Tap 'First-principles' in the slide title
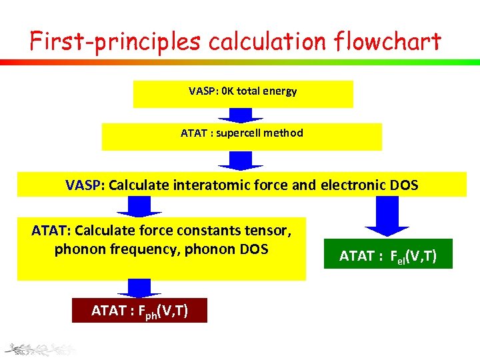[115, 41]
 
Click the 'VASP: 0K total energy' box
[243, 93]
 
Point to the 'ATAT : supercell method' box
[241, 136]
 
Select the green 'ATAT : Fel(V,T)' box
[388, 254]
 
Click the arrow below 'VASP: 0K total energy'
[241, 115]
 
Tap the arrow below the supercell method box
[241, 161]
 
